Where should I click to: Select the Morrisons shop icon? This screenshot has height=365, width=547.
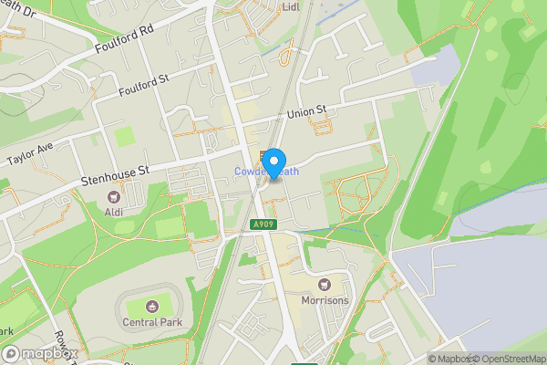coord(325,284)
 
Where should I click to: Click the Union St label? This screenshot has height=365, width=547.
coord(307,112)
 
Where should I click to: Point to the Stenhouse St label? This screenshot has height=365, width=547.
coord(114,171)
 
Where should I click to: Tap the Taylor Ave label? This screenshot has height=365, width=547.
coord(31,152)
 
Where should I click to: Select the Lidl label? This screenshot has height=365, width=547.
coord(291,6)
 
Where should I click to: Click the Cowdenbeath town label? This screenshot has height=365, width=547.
coord(264,172)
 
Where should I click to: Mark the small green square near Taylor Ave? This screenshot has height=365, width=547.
coord(124,137)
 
